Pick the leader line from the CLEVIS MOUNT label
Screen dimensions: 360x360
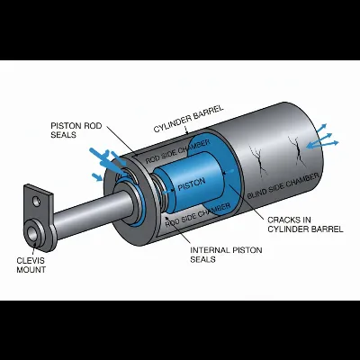(x=32, y=250)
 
